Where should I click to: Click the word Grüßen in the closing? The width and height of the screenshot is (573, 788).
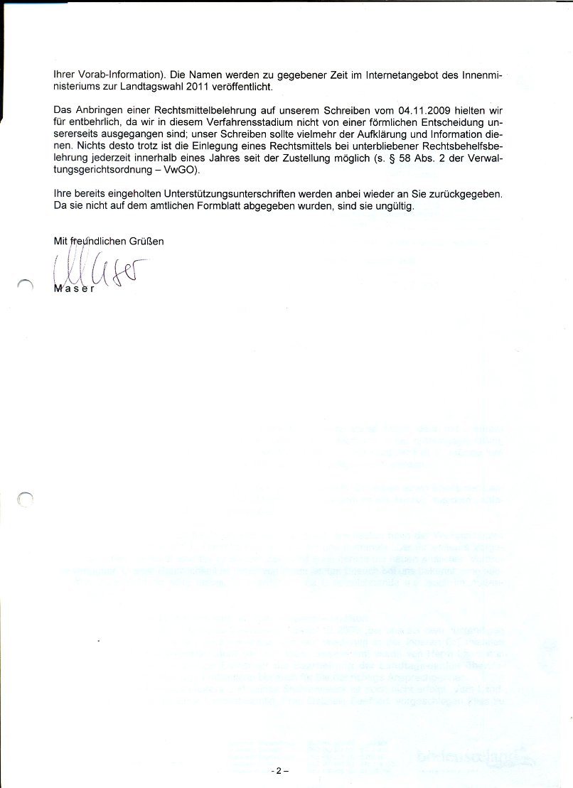tap(146, 241)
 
